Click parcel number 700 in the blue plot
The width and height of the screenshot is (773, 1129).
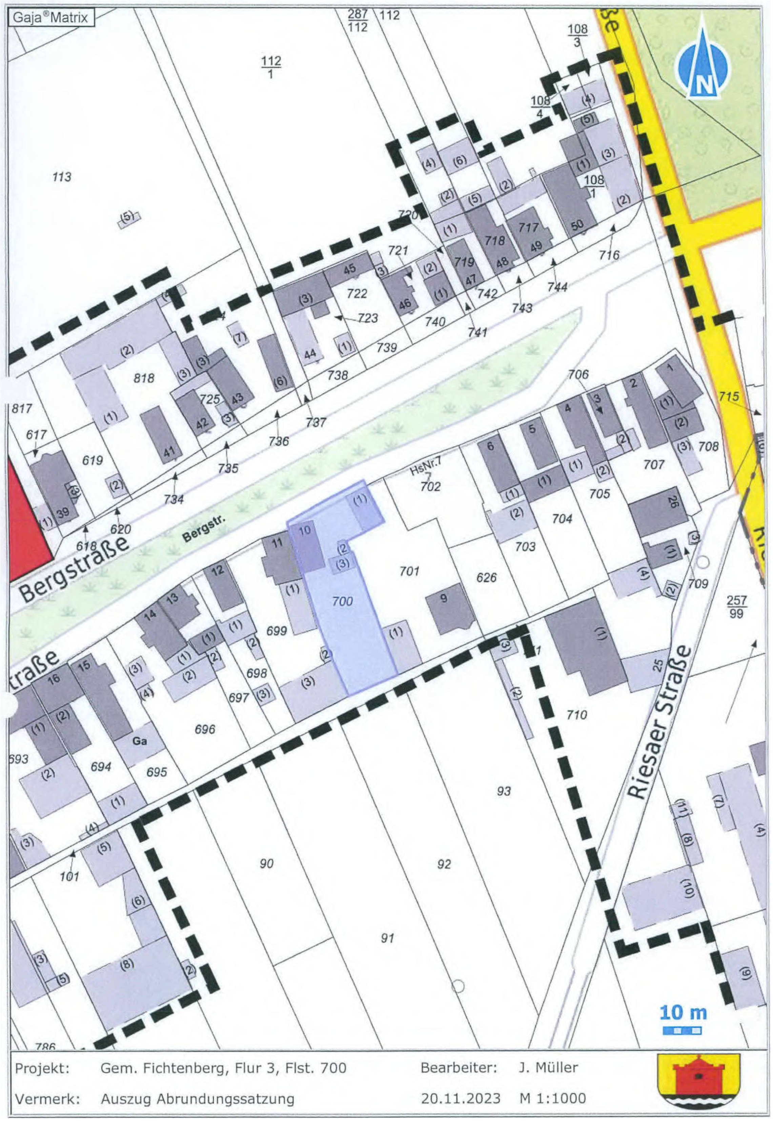pyautogui.click(x=342, y=602)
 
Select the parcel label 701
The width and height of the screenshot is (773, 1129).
pyautogui.click(x=409, y=571)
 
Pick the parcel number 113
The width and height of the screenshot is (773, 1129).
pyautogui.click(x=62, y=177)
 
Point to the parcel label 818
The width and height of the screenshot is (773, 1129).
pyautogui.click(x=144, y=377)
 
